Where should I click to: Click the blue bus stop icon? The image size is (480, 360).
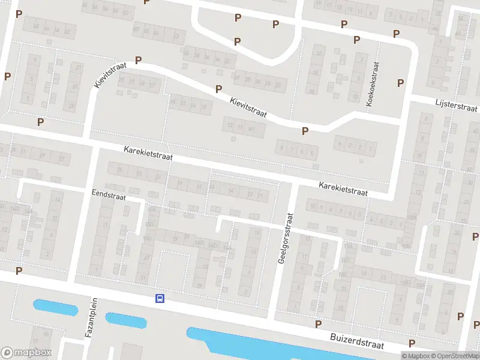click(x=160, y=298)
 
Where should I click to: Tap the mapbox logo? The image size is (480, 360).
click(x=26, y=353)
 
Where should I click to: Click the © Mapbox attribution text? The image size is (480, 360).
click(x=415, y=356)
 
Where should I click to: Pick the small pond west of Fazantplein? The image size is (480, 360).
click(x=56, y=307)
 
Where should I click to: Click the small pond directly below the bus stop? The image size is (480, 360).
click(x=126, y=321)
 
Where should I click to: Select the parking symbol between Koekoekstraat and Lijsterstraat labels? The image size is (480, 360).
click(x=400, y=82)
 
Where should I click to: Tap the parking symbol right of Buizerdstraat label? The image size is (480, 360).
click(x=412, y=343)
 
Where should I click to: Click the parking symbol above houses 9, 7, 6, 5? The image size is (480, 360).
click(x=305, y=131)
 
